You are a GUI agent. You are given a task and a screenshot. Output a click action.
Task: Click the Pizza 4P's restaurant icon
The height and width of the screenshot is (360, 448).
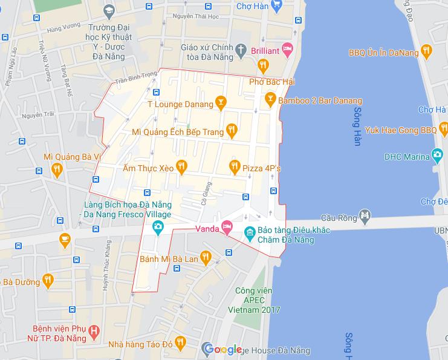[235, 165]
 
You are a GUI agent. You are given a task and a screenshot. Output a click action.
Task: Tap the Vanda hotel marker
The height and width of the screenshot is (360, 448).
[227, 228]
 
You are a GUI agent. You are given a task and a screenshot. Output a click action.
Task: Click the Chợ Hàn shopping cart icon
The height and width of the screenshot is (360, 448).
[276, 5]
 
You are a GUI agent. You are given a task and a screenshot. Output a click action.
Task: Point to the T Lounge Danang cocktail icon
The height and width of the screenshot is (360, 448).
[221, 104]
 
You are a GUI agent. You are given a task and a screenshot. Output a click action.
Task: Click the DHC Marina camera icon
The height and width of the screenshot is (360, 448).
[437, 156]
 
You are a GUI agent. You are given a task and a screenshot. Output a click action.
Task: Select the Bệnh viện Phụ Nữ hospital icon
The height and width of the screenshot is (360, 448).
[94, 331]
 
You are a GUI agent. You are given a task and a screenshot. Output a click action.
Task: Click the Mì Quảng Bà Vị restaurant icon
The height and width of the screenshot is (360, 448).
[57, 169]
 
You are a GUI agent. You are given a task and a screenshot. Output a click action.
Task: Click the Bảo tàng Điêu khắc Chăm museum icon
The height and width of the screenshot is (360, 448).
[248, 231]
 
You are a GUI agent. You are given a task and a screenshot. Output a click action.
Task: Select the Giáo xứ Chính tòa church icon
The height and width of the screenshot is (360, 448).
[241, 48]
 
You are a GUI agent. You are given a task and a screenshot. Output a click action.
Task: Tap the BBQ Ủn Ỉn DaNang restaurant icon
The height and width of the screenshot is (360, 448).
[427, 52]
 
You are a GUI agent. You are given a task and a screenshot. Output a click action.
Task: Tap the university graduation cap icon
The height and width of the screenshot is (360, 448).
[109, 10]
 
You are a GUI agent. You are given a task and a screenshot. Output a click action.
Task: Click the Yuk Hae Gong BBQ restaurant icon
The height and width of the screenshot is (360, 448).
[444, 129]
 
